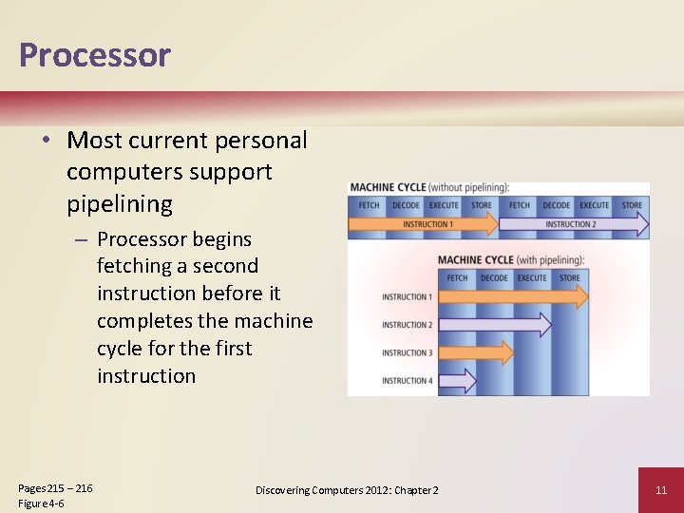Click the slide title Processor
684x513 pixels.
click(94, 55)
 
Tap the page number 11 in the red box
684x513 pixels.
click(661, 490)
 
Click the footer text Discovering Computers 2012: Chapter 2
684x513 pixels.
click(347, 490)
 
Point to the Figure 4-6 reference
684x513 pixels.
click(41, 503)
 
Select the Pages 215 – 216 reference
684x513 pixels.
click(55, 488)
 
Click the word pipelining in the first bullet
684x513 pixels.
click(120, 203)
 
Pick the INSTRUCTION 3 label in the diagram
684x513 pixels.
click(407, 353)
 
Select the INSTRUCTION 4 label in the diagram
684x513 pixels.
click(407, 381)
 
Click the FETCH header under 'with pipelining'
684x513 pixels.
click(457, 278)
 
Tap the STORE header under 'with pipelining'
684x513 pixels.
click(570, 278)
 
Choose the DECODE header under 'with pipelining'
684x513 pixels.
click(494, 278)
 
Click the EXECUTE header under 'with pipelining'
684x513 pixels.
click(532, 278)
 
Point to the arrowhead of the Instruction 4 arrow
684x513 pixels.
click(469, 381)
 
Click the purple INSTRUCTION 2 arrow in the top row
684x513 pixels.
click(570, 224)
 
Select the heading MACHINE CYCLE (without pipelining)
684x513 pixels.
click(429, 187)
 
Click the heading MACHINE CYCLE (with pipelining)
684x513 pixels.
click(510, 260)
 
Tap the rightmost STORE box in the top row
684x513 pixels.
click(632, 205)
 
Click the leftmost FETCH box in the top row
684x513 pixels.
click(369, 205)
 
